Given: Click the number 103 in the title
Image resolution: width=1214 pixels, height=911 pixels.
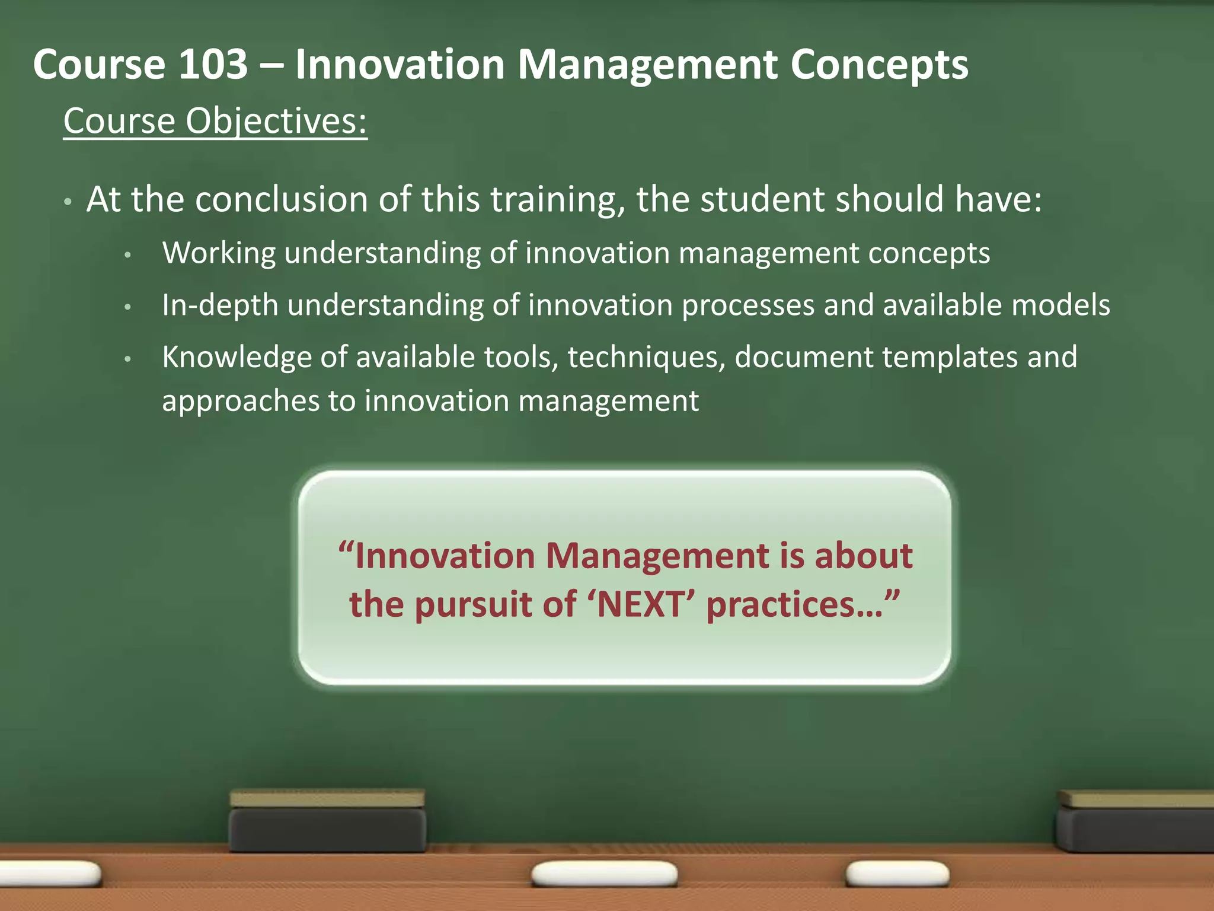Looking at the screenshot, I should (x=213, y=64).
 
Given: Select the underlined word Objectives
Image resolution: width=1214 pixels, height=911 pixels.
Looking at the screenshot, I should (x=276, y=121).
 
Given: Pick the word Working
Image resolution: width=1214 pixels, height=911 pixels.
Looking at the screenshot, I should (x=219, y=253).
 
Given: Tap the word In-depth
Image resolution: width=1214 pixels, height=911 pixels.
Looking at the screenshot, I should (x=220, y=305).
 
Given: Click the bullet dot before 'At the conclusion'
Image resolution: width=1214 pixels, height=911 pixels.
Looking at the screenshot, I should (x=68, y=202).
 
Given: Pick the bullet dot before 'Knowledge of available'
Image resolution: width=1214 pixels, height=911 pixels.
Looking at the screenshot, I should (x=127, y=359).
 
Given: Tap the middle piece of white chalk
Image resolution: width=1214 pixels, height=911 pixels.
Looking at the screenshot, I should (x=604, y=874).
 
